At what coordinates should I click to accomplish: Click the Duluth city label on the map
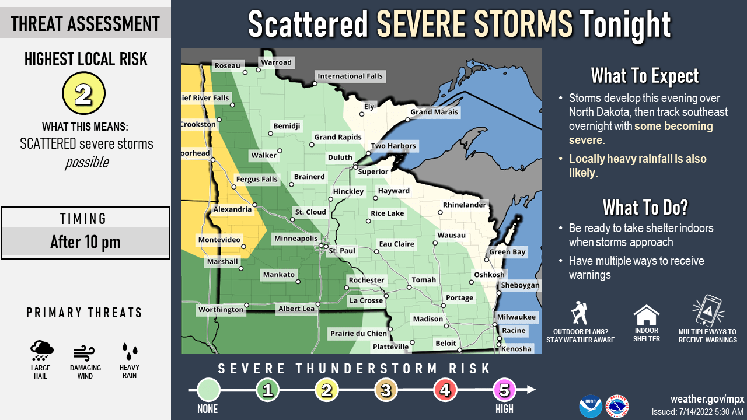[340, 157]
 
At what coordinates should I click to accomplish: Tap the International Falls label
[350, 76]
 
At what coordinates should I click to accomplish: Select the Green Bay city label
[507, 252]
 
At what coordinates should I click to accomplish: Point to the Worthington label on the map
[221, 309]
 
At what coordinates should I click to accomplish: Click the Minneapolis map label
[296, 239]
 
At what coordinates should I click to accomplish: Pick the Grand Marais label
[437, 112]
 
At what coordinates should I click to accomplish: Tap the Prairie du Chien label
[358, 334]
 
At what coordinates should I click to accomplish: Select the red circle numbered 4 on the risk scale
[445, 390]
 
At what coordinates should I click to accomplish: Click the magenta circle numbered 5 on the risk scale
[504, 390]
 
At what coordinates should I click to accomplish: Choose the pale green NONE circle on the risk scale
[209, 390]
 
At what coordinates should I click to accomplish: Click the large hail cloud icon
[41, 351]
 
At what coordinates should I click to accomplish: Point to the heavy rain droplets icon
[130, 351]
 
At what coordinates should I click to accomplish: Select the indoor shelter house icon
[646, 316]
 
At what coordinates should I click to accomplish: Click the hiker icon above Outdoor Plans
[579, 313]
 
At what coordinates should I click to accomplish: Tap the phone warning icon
[707, 311]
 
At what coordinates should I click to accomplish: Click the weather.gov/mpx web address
[707, 399]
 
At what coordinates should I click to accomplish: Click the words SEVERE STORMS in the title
[474, 24]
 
